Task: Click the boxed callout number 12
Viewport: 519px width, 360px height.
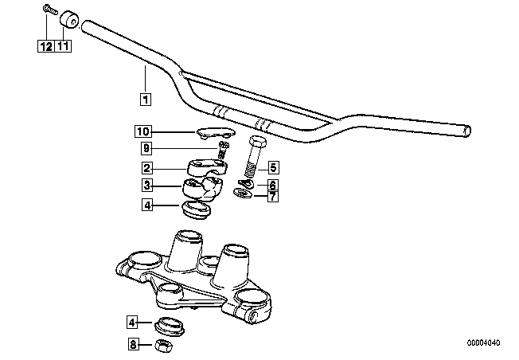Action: tap(46, 46)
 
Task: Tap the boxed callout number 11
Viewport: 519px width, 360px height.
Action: tap(63, 46)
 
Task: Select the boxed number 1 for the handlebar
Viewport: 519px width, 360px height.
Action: tap(146, 99)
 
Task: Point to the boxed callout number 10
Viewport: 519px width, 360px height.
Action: tap(143, 131)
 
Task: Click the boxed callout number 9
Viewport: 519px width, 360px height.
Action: tap(146, 148)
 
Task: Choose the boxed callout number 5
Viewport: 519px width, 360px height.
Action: tap(273, 167)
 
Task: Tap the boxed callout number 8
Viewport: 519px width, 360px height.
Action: tap(133, 344)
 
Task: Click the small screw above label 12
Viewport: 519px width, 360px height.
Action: tap(50, 10)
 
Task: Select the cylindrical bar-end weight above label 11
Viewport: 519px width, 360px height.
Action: tap(68, 19)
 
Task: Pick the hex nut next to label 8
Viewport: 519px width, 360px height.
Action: tap(164, 346)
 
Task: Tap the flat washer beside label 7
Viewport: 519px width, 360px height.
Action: tap(243, 194)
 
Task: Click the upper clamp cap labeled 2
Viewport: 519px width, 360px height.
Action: tap(207, 167)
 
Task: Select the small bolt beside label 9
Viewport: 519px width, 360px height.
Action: tap(224, 150)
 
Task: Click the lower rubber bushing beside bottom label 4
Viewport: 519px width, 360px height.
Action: tap(170, 327)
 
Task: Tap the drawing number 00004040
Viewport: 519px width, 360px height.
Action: tap(484, 342)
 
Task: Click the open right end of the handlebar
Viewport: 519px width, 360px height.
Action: tap(467, 131)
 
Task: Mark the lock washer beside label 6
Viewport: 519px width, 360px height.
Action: tap(246, 183)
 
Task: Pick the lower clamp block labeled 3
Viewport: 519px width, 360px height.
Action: tap(202, 189)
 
